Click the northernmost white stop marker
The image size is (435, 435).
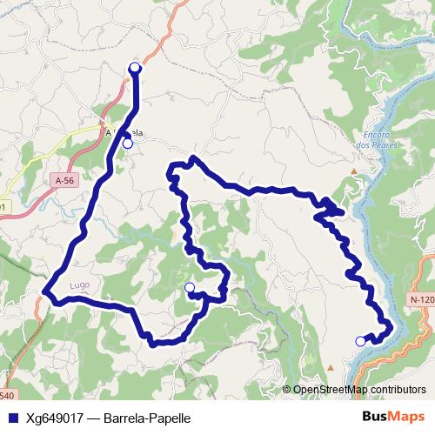(135, 68)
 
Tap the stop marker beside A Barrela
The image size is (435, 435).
(127, 144)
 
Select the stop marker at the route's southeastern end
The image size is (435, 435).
(361, 341)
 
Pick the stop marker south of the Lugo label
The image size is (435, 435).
(190, 287)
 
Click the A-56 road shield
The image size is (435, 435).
(64, 180)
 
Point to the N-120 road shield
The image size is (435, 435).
(420, 300)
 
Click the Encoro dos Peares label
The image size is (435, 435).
(376, 140)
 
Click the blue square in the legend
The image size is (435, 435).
(11, 417)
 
